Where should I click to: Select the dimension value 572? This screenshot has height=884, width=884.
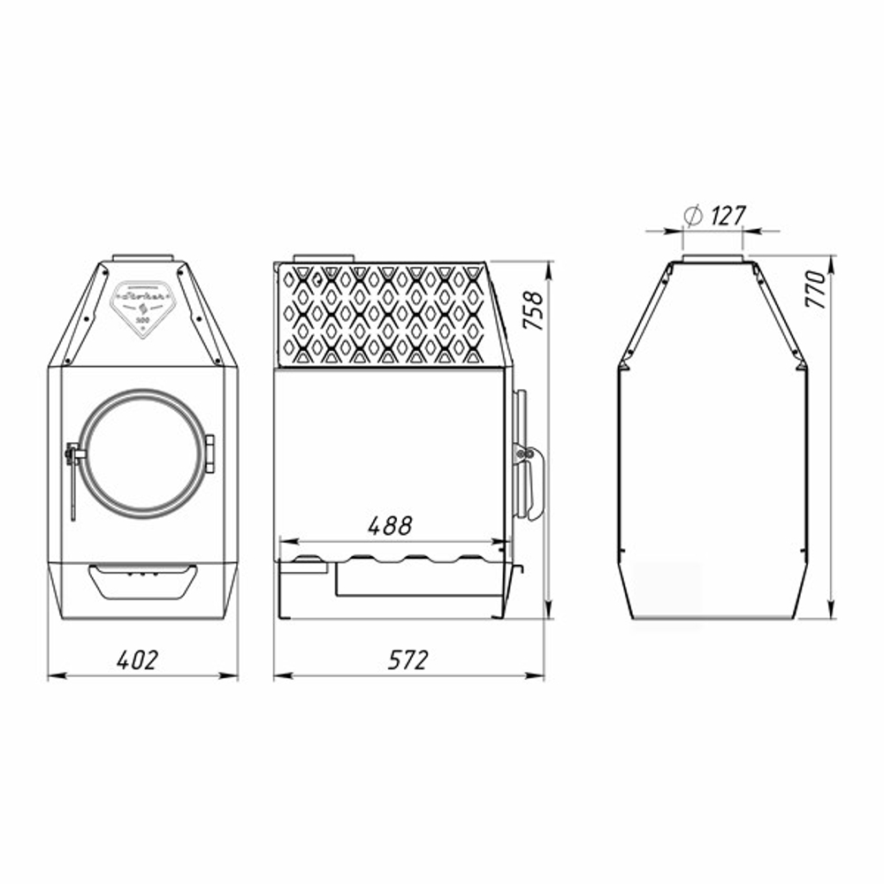tap(408, 659)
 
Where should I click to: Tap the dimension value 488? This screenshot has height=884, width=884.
tap(390, 525)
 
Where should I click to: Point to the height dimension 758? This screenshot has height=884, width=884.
tap(534, 310)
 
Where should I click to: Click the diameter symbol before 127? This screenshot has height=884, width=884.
tap(693, 215)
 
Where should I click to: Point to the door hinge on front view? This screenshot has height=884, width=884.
tap(210, 453)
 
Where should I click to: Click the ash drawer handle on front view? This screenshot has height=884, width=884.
tap(142, 580)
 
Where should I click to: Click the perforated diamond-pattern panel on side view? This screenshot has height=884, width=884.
tap(382, 315)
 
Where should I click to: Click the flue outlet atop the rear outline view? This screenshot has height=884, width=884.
tap(713, 257)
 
